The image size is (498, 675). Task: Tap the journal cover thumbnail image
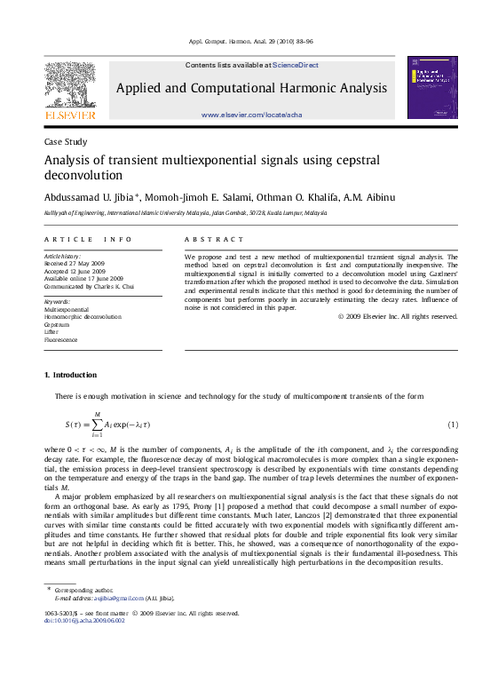pyautogui.click(x=431, y=88)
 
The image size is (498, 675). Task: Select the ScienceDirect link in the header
pyautogui.click(x=296, y=65)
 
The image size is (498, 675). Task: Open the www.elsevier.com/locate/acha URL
pyautogui.click(x=251, y=115)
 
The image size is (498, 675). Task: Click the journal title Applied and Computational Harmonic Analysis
pyautogui.click(x=251, y=89)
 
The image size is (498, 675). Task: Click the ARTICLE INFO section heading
pyautogui.click(x=88, y=240)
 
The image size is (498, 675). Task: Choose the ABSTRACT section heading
pyautogui.click(x=214, y=240)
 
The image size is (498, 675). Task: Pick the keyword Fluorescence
pyautogui.click(x=61, y=340)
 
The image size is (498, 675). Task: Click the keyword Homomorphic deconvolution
pyautogui.click(x=83, y=316)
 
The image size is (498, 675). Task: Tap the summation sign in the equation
pyautogui.click(x=97, y=425)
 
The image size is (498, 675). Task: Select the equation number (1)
pyautogui.click(x=452, y=425)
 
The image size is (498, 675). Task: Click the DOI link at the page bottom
pyautogui.click(x=84, y=621)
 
